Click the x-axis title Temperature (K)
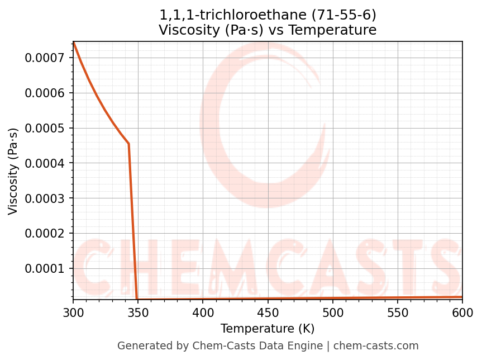coord(268,329)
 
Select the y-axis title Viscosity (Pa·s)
coord(13,171)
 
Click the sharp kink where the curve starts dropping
coord(128,144)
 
